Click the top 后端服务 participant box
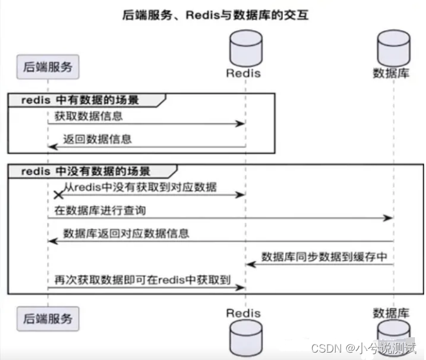[47, 66]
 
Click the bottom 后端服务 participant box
[47, 318]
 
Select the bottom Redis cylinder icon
[243, 340]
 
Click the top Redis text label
[243, 73]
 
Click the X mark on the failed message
[59, 194]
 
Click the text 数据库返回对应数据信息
[126, 233]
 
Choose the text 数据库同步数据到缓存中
[324, 257]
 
